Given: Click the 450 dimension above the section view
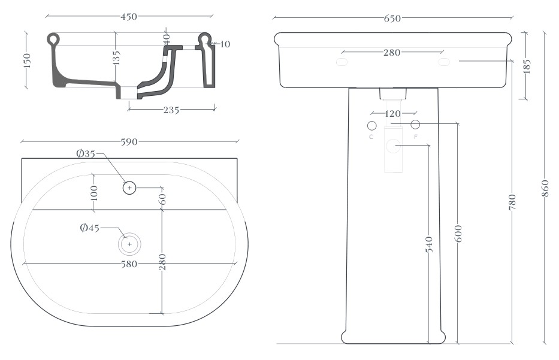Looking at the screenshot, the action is coord(129,16).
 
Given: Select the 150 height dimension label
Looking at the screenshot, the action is coord(28,60).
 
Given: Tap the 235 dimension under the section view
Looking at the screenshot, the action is coord(171,110).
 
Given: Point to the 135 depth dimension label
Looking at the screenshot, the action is coord(116,58).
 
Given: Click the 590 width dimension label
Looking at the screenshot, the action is coord(129,142).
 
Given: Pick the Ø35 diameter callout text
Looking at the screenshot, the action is coord(86,153).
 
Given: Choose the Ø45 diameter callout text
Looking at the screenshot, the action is coord(89,228).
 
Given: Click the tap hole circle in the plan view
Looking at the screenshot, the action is coord(129,187).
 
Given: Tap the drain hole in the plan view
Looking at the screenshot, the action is coord(129,244).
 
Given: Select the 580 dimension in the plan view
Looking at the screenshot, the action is coord(129,264).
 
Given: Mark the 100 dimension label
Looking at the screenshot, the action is coord(94,193).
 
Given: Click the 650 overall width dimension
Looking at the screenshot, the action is coord(392,18).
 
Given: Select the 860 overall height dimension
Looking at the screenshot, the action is coord(545,188).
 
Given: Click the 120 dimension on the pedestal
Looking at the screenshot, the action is coord(393,114).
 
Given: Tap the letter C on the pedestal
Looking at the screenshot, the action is coord(371,137).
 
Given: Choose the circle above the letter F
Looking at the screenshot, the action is coord(415,125).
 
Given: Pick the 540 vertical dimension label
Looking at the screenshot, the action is coord(429,244).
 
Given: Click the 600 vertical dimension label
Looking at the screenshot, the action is coord(458,234).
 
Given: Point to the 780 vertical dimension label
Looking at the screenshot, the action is coord(512,202).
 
